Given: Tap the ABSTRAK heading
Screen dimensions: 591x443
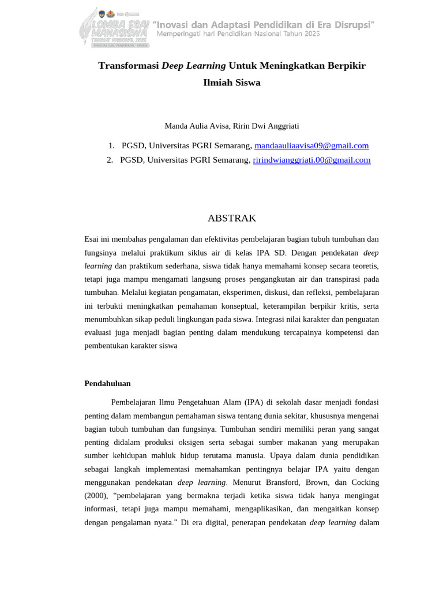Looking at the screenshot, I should click(232, 218).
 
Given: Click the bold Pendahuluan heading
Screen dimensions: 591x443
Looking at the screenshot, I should click(107, 383).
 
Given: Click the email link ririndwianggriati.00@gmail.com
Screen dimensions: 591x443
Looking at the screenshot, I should click(311, 160).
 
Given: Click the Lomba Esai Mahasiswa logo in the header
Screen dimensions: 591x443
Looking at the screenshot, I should click(115, 27).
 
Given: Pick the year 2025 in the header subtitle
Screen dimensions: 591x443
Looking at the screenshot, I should click(308, 33).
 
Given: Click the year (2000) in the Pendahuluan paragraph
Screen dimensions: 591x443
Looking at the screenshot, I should click(96, 496).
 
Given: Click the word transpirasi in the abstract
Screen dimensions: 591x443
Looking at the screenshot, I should click(337, 279).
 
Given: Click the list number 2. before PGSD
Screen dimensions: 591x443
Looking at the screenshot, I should click(110, 160).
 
